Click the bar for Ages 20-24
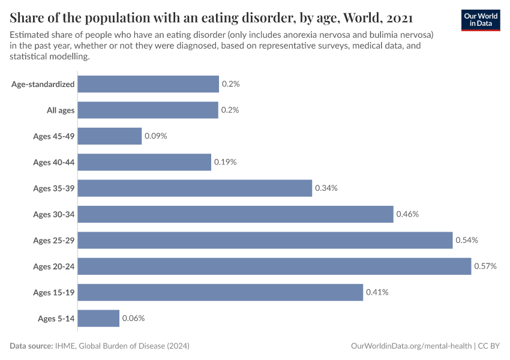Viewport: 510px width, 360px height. [x=274, y=266]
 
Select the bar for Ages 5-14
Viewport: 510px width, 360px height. [x=98, y=318]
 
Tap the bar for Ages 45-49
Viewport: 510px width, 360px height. [x=110, y=136]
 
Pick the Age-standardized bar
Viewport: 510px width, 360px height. [x=148, y=84]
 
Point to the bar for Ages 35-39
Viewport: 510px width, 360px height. [x=195, y=188]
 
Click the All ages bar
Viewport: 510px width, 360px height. [x=148, y=110]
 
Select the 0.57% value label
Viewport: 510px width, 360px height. [x=485, y=266]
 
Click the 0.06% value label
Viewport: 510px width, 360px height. [x=133, y=318]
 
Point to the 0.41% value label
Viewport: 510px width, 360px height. [x=377, y=292]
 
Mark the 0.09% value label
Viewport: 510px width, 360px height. [x=155, y=136]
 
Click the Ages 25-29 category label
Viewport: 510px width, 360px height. [x=54, y=241]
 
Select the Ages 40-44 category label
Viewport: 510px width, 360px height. [x=54, y=163]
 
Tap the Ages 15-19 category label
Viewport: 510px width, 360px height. [x=54, y=292]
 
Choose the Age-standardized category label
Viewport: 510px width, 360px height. [x=43, y=85]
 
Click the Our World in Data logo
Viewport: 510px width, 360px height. [x=480, y=19]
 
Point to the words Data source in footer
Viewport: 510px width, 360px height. [x=31, y=346]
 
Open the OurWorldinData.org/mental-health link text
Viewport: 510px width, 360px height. [x=410, y=346]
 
